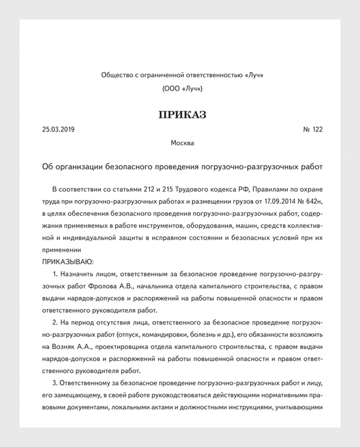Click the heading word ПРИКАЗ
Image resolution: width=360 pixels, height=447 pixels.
180,115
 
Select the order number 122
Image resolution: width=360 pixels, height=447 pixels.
317,130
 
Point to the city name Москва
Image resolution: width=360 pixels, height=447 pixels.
180,144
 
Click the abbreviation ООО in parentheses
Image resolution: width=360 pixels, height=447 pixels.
172,88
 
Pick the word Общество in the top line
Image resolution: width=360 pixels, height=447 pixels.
116,75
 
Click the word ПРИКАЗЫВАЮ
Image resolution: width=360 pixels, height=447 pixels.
68,261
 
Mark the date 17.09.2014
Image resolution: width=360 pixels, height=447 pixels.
277,199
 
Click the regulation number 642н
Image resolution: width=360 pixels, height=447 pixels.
313,199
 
